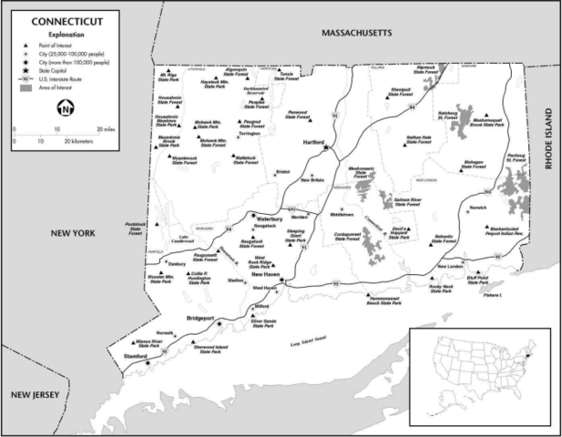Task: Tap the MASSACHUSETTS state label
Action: click(x=356, y=33)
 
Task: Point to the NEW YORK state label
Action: click(x=73, y=234)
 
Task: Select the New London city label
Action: click(x=451, y=266)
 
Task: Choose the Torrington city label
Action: click(x=249, y=133)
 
